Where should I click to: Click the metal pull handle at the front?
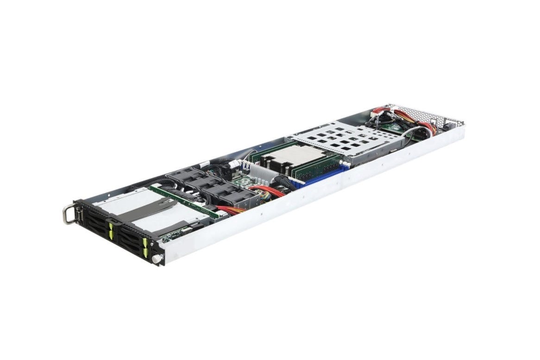point(68,215)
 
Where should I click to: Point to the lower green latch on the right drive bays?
point(147,253)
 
